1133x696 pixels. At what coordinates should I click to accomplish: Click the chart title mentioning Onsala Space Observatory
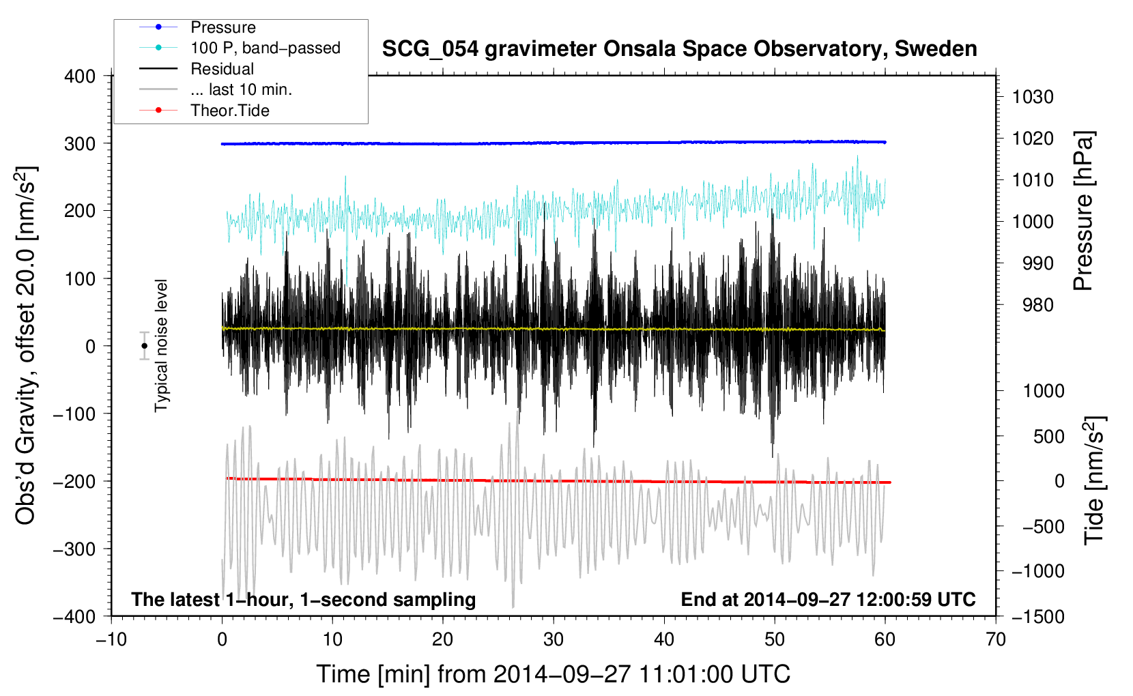(679, 49)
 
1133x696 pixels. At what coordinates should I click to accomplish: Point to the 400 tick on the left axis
(80, 76)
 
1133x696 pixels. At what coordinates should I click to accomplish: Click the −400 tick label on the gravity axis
(74, 617)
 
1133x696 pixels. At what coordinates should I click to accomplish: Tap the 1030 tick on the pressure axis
(1033, 97)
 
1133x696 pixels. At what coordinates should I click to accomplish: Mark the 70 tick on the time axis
(995, 640)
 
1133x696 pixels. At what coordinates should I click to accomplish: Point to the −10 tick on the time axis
(111, 640)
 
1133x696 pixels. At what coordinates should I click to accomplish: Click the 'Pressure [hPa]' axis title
(1083, 211)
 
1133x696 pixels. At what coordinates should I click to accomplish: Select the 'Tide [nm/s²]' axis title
(1094, 480)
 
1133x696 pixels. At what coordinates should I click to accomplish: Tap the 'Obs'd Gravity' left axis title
(25, 345)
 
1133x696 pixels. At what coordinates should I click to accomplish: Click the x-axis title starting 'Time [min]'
(554, 674)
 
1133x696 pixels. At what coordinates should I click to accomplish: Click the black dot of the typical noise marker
(144, 346)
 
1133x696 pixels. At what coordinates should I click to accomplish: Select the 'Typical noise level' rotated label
(161, 346)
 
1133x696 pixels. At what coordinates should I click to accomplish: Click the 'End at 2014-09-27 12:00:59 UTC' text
(828, 599)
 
